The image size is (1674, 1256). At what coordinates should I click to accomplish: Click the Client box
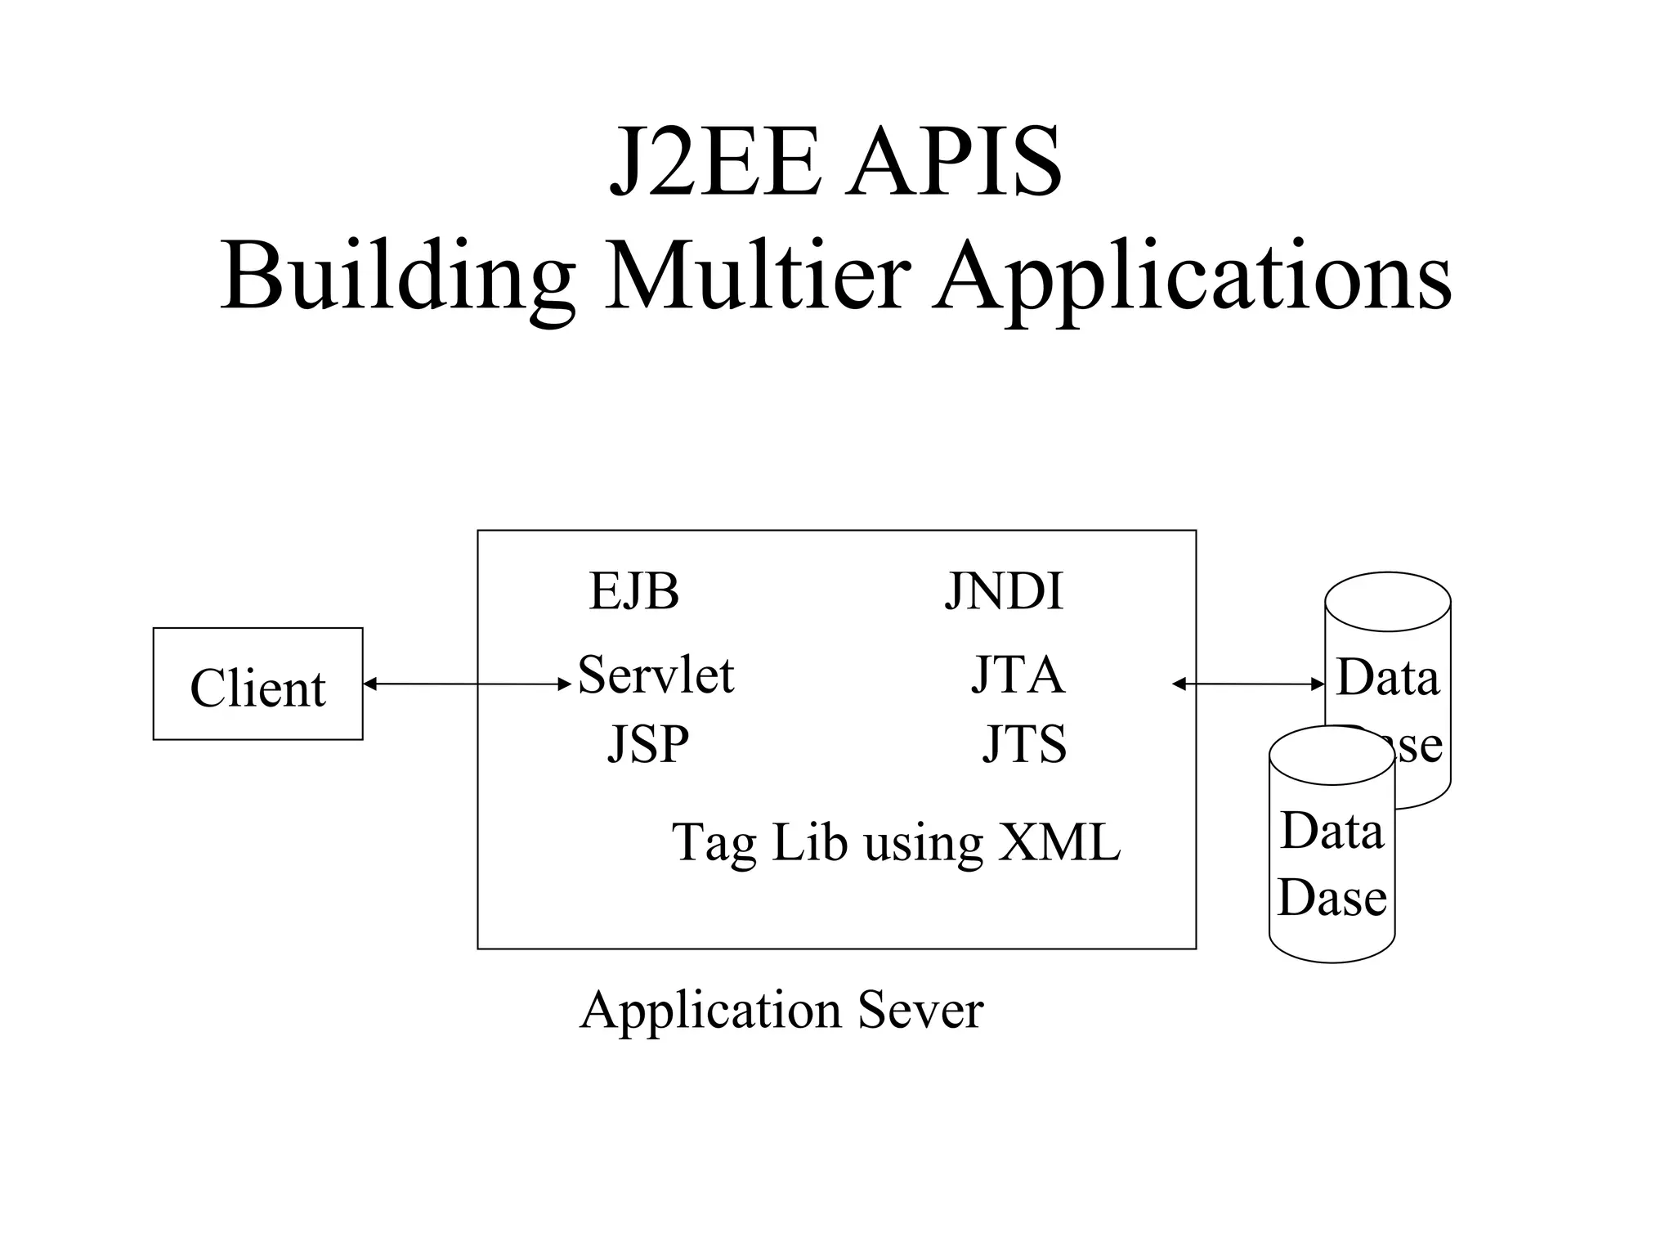tap(257, 684)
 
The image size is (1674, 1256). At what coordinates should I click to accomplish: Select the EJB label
tap(633, 591)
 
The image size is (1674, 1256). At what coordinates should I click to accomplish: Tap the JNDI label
tap(1004, 591)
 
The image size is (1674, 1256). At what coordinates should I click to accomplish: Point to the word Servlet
tap(656, 675)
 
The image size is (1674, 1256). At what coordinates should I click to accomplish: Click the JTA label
tap(1018, 675)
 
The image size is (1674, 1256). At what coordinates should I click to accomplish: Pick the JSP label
tap(648, 744)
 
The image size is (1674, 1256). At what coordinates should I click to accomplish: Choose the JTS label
tap(1024, 744)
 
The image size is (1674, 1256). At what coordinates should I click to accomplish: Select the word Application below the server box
tap(710, 1011)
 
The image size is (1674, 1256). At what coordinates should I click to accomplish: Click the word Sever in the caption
tap(920, 1011)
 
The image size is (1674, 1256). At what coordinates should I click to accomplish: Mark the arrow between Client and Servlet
tap(467, 684)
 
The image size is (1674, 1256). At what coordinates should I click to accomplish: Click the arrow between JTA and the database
tap(1248, 684)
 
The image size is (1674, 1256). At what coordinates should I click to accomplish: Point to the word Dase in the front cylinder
tap(1332, 898)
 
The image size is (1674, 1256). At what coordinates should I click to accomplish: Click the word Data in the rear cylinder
tap(1387, 678)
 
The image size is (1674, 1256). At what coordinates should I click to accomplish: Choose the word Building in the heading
tap(397, 276)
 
